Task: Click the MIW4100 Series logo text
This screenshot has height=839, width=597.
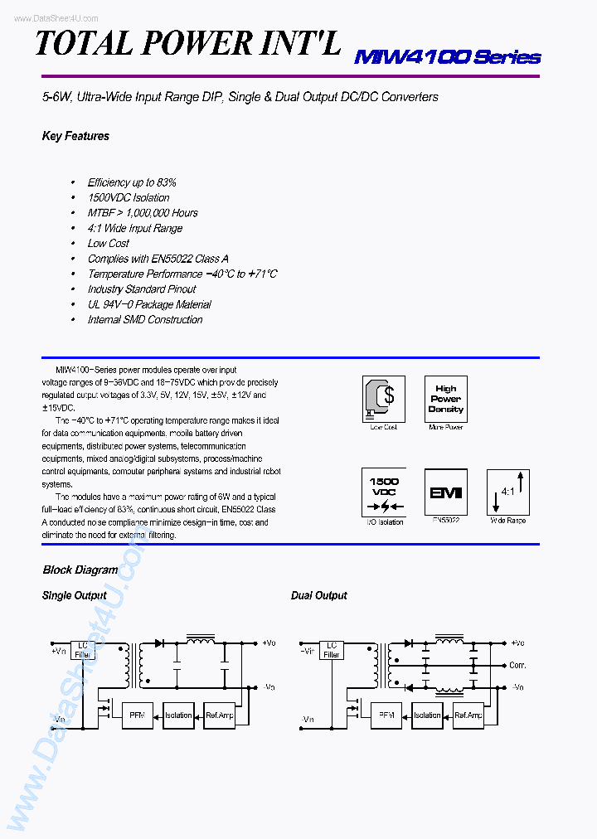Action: [x=447, y=57]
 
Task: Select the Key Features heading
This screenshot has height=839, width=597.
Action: [x=75, y=136]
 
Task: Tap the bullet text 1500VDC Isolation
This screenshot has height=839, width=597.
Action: [x=129, y=197]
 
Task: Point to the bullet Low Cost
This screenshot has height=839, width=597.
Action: [x=109, y=243]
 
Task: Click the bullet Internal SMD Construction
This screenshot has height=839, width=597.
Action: [x=145, y=319]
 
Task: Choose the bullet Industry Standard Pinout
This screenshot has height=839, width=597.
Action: [x=142, y=289]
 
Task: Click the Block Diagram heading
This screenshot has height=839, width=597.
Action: [x=80, y=570]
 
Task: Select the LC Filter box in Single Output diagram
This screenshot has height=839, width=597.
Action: [x=83, y=649]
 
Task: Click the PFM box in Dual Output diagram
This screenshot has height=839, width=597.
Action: [x=386, y=715]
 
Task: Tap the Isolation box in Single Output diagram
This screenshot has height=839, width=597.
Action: [x=178, y=715]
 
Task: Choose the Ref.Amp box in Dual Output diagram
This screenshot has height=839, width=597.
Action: [x=468, y=715]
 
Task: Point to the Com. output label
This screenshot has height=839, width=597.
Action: [x=518, y=665]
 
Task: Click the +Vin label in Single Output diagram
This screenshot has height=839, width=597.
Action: [x=58, y=651]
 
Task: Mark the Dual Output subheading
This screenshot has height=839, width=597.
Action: [x=318, y=595]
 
